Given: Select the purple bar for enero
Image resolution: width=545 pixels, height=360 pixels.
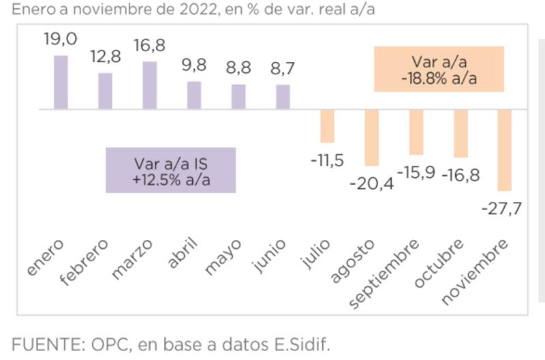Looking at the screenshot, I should pyautogui.click(x=61, y=82).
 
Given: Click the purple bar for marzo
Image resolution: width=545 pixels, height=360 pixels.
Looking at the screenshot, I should pyautogui.click(x=149, y=85).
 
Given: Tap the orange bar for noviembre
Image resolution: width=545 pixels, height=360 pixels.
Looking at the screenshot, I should pyautogui.click(x=504, y=150).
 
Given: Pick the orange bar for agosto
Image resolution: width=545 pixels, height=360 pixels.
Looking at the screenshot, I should pyautogui.click(x=371, y=137).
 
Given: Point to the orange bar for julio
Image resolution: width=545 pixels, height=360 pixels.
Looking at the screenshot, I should pyautogui.click(x=327, y=125).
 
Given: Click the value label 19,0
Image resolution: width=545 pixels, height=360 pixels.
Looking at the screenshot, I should pyautogui.click(x=61, y=40).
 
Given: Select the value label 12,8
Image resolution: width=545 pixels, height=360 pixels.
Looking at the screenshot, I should pyautogui.click(x=106, y=57).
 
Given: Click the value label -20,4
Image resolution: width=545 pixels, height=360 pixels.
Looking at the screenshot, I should pyautogui.click(x=371, y=183).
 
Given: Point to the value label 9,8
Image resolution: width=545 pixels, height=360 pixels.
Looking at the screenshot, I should pyautogui.click(x=193, y=66).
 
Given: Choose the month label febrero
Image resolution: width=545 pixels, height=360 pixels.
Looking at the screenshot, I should pyautogui.click(x=84, y=260).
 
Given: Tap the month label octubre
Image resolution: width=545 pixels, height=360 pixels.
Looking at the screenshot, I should pyautogui.click(x=439, y=264).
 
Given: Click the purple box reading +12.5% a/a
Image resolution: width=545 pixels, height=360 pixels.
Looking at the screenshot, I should pyautogui.click(x=171, y=170).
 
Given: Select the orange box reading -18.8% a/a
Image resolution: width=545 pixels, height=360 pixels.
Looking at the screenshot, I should pyautogui.click(x=439, y=69).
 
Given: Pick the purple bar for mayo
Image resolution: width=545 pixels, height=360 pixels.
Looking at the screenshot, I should pyautogui.click(x=238, y=96).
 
